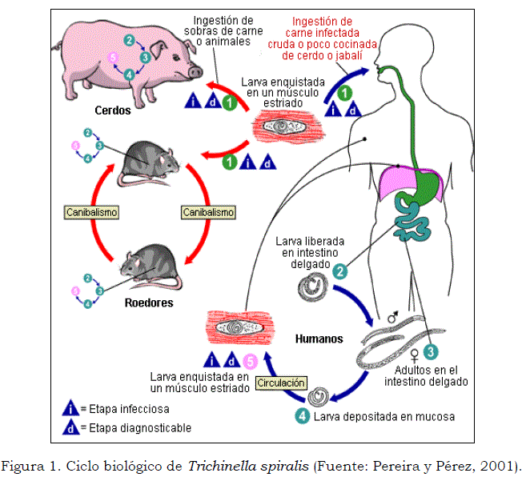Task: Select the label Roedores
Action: click(149, 303)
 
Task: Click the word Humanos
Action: click(319, 339)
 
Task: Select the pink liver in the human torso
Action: click(410, 180)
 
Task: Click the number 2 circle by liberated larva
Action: click(340, 272)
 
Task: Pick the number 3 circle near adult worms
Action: click(431, 351)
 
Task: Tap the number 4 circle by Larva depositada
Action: click(302, 416)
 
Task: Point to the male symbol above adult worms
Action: click(392, 319)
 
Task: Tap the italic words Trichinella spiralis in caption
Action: click(239, 465)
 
